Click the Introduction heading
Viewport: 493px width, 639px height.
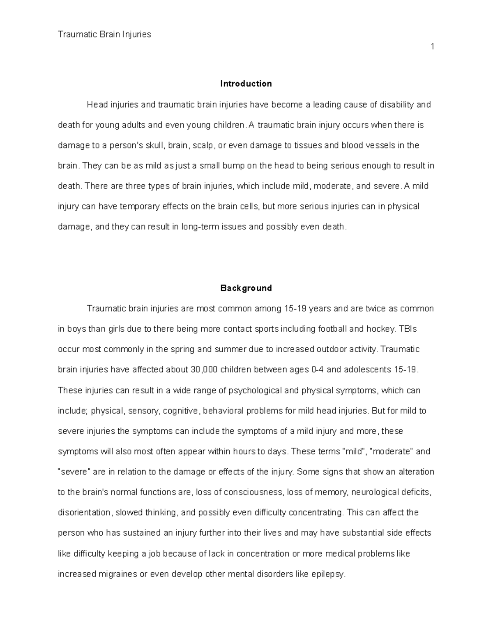point(246,84)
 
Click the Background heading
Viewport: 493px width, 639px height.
point(246,288)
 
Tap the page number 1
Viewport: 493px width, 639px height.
point(432,47)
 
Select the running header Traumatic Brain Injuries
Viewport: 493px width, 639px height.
point(104,35)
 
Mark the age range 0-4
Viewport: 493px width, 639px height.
point(318,369)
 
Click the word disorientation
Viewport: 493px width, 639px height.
point(84,513)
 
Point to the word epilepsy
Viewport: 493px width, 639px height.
point(329,574)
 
